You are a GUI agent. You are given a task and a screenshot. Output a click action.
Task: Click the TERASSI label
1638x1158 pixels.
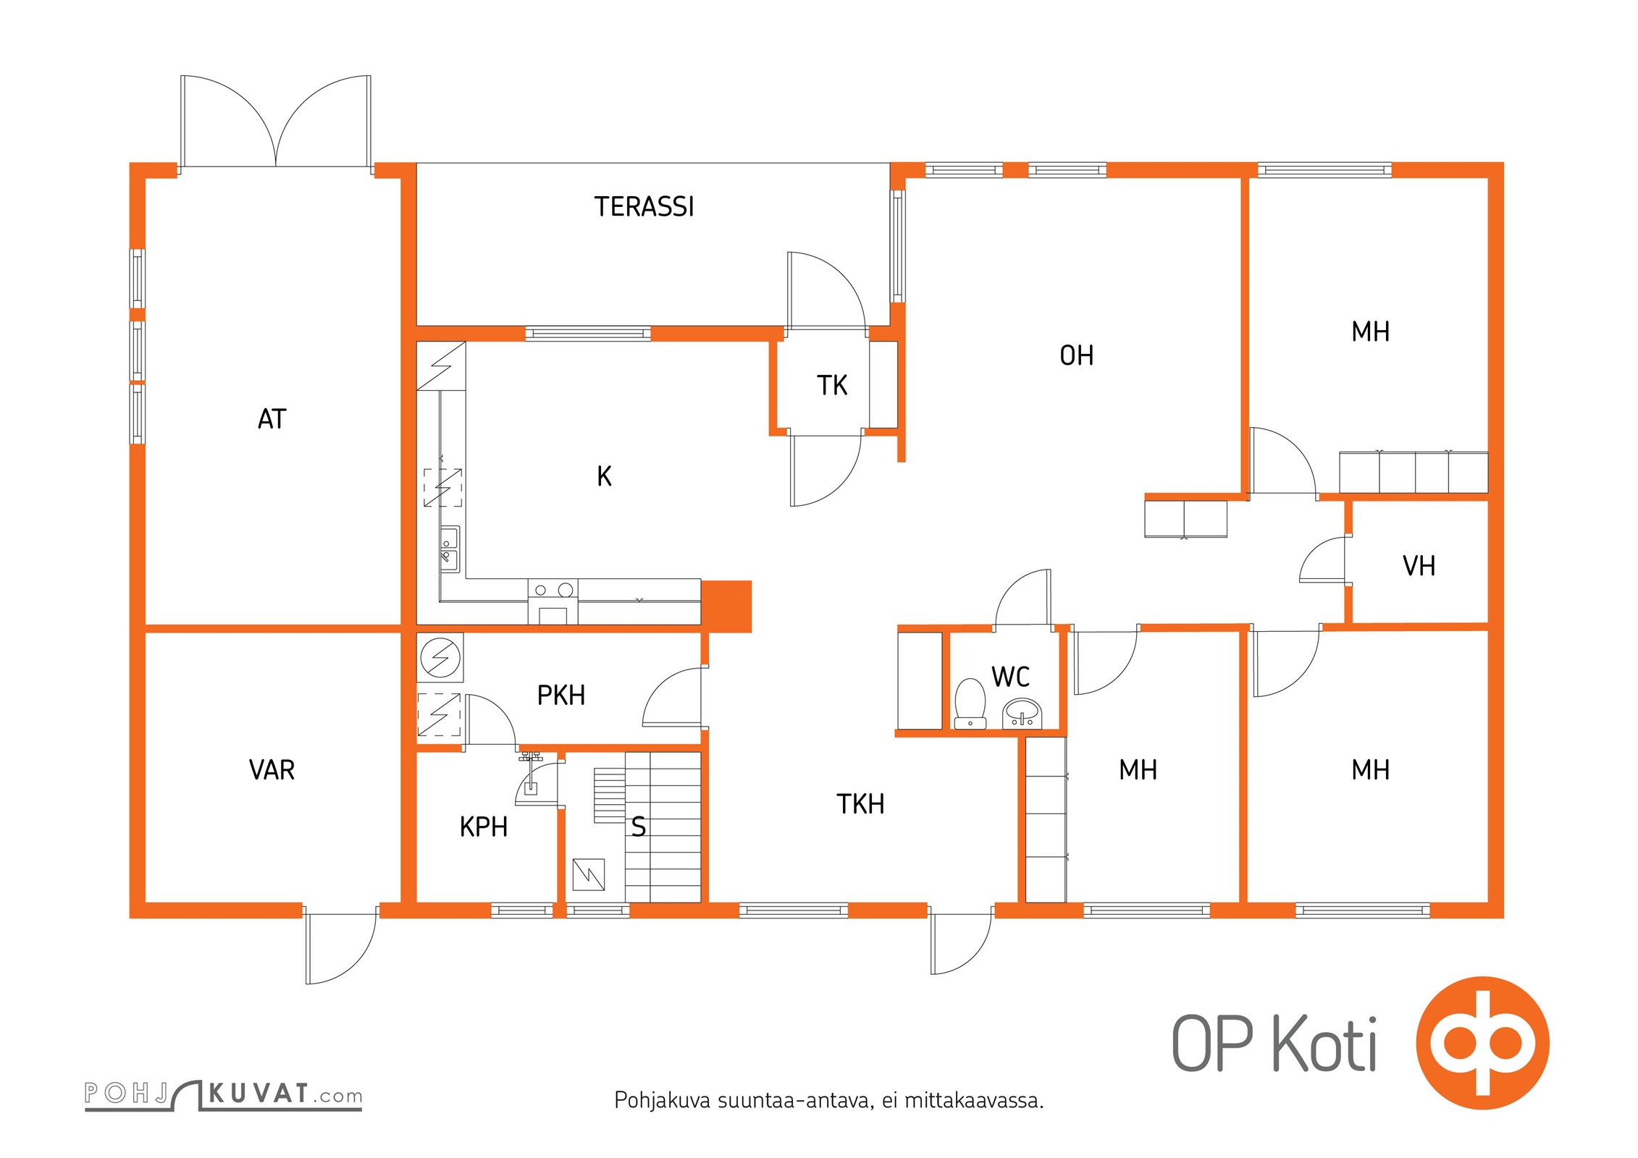click(x=644, y=207)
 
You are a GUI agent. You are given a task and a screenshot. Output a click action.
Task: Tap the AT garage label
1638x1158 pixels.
click(x=272, y=419)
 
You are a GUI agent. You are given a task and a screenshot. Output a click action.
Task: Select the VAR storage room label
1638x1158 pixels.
click(x=272, y=770)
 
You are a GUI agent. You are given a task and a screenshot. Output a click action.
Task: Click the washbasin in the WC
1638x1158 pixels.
click(x=1022, y=714)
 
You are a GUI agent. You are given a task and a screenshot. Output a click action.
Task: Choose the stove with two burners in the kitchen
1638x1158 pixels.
click(x=553, y=591)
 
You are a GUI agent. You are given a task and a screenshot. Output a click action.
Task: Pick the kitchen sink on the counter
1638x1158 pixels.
click(x=450, y=548)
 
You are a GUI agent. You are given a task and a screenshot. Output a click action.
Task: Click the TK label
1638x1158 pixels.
click(x=832, y=386)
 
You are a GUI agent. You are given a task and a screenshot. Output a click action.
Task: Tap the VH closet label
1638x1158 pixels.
click(x=1419, y=566)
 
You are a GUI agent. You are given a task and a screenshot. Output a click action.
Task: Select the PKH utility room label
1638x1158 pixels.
click(x=561, y=696)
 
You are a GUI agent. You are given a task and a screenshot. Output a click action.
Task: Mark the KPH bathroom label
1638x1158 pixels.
click(x=484, y=827)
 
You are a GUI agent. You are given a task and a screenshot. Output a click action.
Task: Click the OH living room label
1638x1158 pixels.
click(x=1077, y=355)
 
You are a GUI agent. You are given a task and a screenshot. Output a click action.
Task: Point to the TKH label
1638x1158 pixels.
click(x=861, y=804)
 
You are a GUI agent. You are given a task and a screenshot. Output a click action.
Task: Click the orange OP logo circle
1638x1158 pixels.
click(x=1483, y=1043)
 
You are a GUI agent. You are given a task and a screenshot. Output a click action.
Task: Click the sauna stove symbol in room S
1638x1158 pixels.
click(x=588, y=874)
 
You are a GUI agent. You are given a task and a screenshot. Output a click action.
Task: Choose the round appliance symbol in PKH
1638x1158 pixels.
click(x=440, y=658)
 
